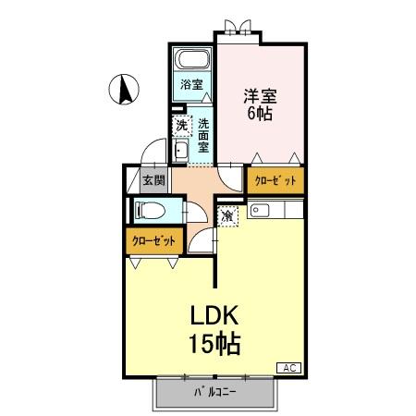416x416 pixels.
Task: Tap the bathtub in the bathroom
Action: click(193, 63)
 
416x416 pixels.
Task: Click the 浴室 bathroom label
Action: click(191, 85)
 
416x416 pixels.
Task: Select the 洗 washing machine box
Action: click(182, 125)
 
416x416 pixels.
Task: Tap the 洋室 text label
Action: click(261, 95)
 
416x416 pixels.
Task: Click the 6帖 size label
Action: click(261, 114)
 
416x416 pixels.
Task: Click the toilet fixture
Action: click(150, 210)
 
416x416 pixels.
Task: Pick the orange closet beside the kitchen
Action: click(275, 181)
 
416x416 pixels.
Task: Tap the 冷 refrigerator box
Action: click(228, 215)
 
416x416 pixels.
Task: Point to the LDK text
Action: click(215, 315)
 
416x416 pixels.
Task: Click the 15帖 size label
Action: click(215, 344)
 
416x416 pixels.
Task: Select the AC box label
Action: click(288, 368)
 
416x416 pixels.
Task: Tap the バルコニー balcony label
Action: click(214, 392)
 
